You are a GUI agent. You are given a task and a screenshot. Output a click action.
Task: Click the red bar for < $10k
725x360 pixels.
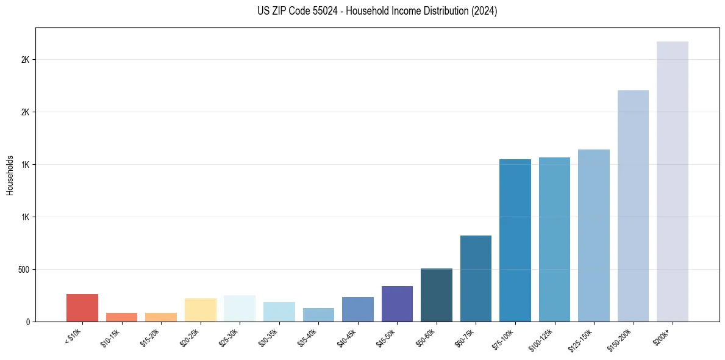[82, 308]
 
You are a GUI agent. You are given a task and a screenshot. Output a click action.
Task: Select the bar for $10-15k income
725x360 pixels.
[121, 317]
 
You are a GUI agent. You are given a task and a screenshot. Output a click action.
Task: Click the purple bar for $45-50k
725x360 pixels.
[397, 304]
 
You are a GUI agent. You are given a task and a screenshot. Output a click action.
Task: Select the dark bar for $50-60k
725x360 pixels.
[437, 295]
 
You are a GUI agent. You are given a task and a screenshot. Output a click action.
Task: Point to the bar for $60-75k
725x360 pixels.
[476, 278]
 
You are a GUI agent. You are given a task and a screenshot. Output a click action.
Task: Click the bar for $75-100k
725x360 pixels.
[515, 240]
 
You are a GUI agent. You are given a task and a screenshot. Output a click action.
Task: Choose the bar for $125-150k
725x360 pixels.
[594, 236]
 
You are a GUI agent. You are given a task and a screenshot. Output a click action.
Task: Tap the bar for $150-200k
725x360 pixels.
[633, 206]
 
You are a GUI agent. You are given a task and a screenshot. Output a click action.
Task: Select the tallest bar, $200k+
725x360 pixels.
[673, 181]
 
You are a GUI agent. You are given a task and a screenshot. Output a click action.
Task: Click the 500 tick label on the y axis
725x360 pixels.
[24, 270]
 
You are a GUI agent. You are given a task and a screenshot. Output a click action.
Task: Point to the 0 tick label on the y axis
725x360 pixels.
[28, 322]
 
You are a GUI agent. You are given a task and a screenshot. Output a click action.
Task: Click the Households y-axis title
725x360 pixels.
[10, 175]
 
